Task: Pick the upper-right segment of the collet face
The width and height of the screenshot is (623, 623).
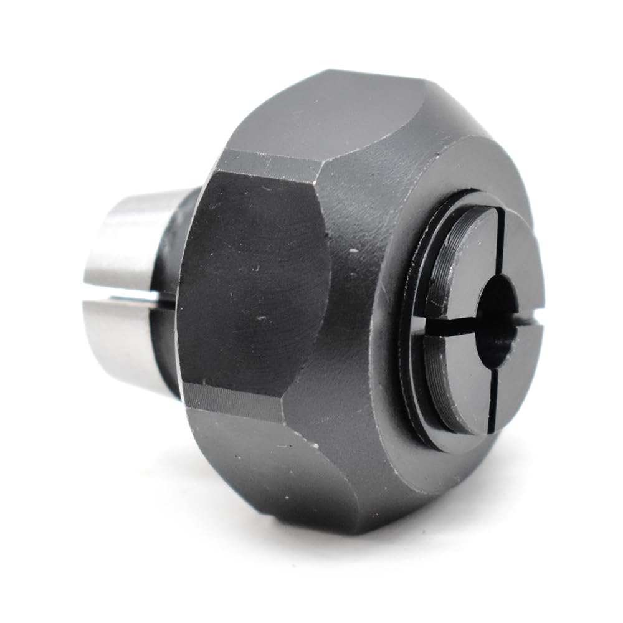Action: [x=520, y=249]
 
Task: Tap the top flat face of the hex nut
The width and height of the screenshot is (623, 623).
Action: [x=330, y=118]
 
